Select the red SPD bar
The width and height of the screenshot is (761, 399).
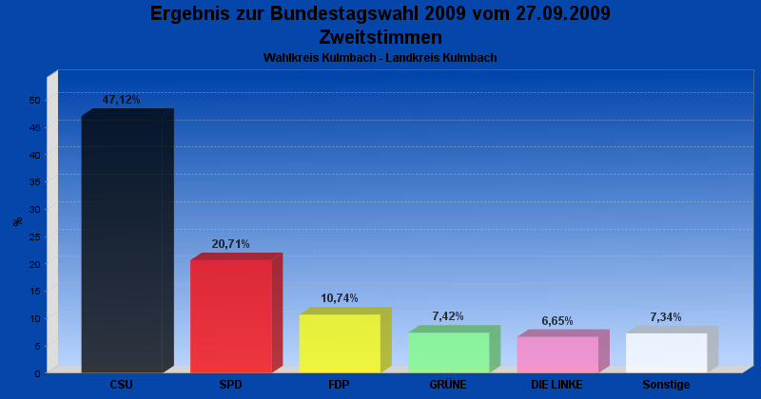[231, 315]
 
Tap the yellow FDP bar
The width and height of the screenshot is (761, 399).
[340, 343]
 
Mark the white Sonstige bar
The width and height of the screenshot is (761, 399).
[666, 352]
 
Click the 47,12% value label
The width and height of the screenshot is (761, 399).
[121, 100]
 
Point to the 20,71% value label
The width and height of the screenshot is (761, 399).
[230, 244]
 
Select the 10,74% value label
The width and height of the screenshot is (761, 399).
[339, 298]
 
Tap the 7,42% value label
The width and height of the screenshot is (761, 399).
[447, 316]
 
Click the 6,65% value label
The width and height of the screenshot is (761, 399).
[556, 321]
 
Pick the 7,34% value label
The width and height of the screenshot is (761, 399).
[665, 317]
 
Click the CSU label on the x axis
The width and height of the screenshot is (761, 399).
[121, 385]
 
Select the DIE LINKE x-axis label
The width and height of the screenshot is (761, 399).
[556, 385]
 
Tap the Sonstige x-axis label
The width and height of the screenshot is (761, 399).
[666, 385]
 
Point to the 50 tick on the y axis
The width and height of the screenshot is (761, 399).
[33, 100]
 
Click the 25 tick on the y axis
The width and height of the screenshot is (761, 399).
[33, 237]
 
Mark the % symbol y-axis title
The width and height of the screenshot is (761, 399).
[18, 221]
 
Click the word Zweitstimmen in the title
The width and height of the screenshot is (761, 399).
[380, 37]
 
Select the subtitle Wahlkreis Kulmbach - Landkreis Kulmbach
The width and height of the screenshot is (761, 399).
[380, 58]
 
